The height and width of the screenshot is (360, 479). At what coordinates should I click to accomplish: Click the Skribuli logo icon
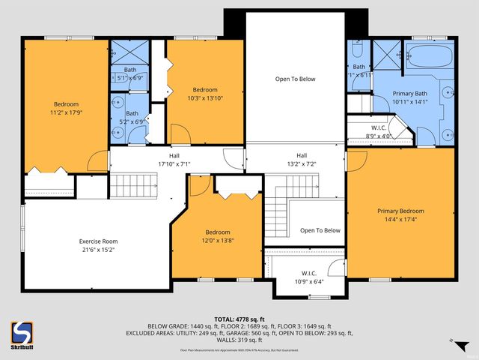[x=23, y=331]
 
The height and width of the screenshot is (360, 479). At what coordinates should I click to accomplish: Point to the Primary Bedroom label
[x=401, y=211]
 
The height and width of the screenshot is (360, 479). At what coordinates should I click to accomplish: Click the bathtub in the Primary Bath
[x=429, y=56]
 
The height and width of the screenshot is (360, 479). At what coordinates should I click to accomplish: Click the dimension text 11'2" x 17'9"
[x=66, y=113]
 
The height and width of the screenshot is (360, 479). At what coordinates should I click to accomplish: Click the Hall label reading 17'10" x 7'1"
[x=174, y=163]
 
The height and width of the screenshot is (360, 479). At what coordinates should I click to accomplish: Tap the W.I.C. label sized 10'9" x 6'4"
[x=309, y=282]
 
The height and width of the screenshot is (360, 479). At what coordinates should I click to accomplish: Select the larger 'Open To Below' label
[x=295, y=78]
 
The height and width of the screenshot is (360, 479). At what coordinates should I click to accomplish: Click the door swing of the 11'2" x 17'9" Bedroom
[x=97, y=160]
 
